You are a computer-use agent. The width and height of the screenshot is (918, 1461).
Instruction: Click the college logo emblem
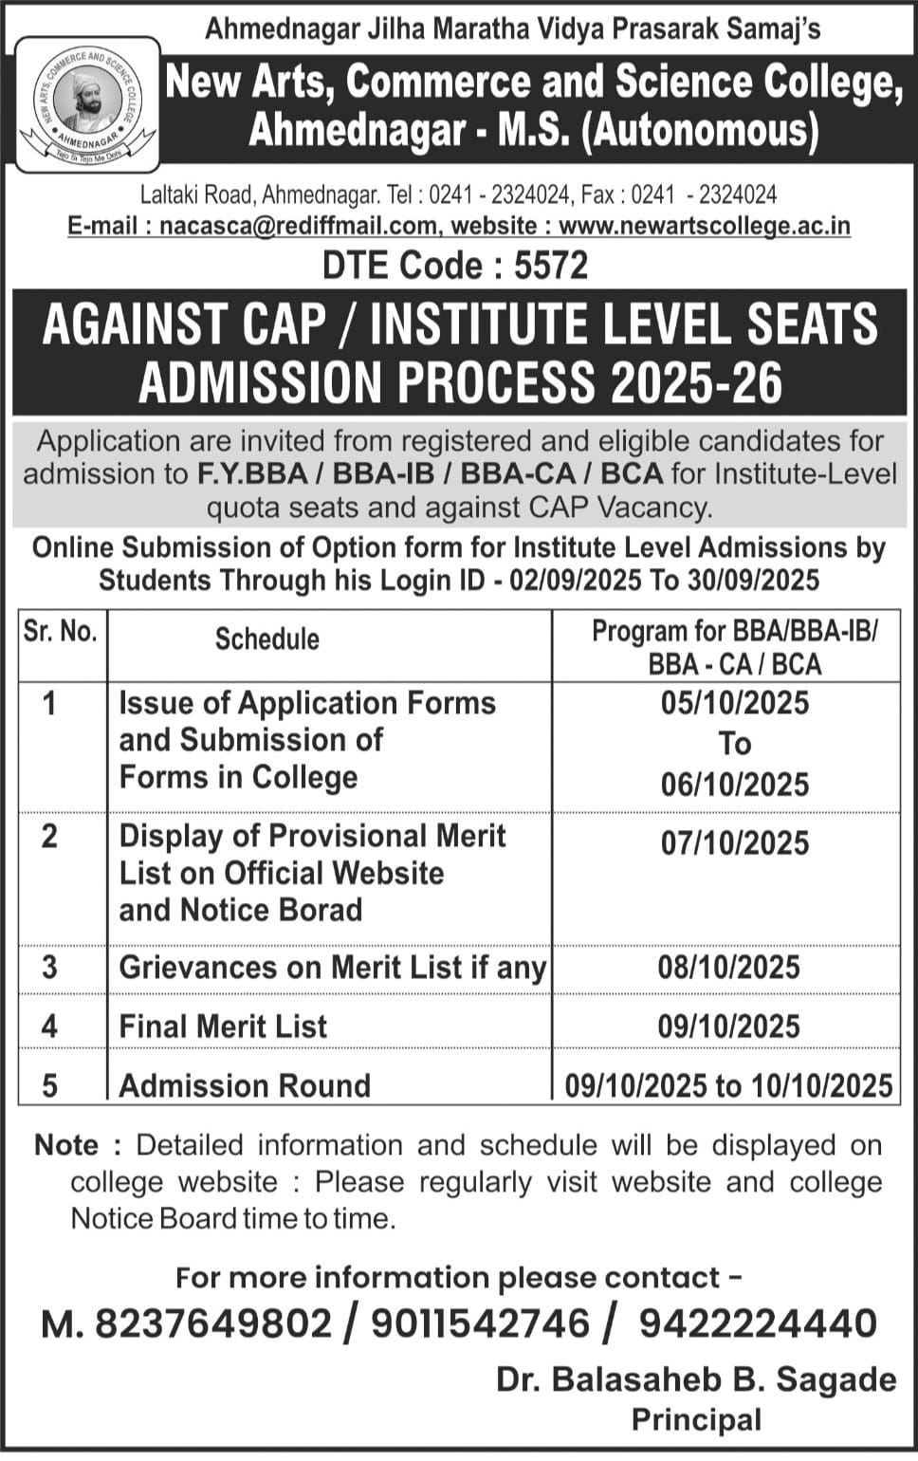click(87, 104)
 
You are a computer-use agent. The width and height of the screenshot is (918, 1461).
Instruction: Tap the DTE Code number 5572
click(551, 266)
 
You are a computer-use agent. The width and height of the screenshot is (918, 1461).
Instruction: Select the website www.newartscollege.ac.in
click(704, 227)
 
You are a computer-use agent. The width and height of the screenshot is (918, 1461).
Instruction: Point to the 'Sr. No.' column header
click(62, 632)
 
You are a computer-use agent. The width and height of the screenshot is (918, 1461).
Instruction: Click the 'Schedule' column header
click(266, 639)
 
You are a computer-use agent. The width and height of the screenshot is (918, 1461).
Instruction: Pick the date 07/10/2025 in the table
click(735, 843)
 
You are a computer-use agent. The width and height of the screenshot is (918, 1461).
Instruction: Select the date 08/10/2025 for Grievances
click(728, 968)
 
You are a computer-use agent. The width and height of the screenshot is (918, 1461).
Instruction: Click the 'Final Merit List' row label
click(223, 1026)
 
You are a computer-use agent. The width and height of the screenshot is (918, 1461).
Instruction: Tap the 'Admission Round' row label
click(245, 1085)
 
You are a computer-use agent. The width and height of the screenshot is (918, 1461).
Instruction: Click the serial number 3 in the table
click(49, 968)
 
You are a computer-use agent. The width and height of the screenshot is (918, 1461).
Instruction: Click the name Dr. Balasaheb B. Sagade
click(696, 1380)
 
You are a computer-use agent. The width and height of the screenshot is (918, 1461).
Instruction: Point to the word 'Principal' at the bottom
click(696, 1420)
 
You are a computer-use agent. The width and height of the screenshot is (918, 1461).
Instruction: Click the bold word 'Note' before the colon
click(65, 1145)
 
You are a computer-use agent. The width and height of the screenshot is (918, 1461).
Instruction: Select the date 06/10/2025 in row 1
click(735, 785)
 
